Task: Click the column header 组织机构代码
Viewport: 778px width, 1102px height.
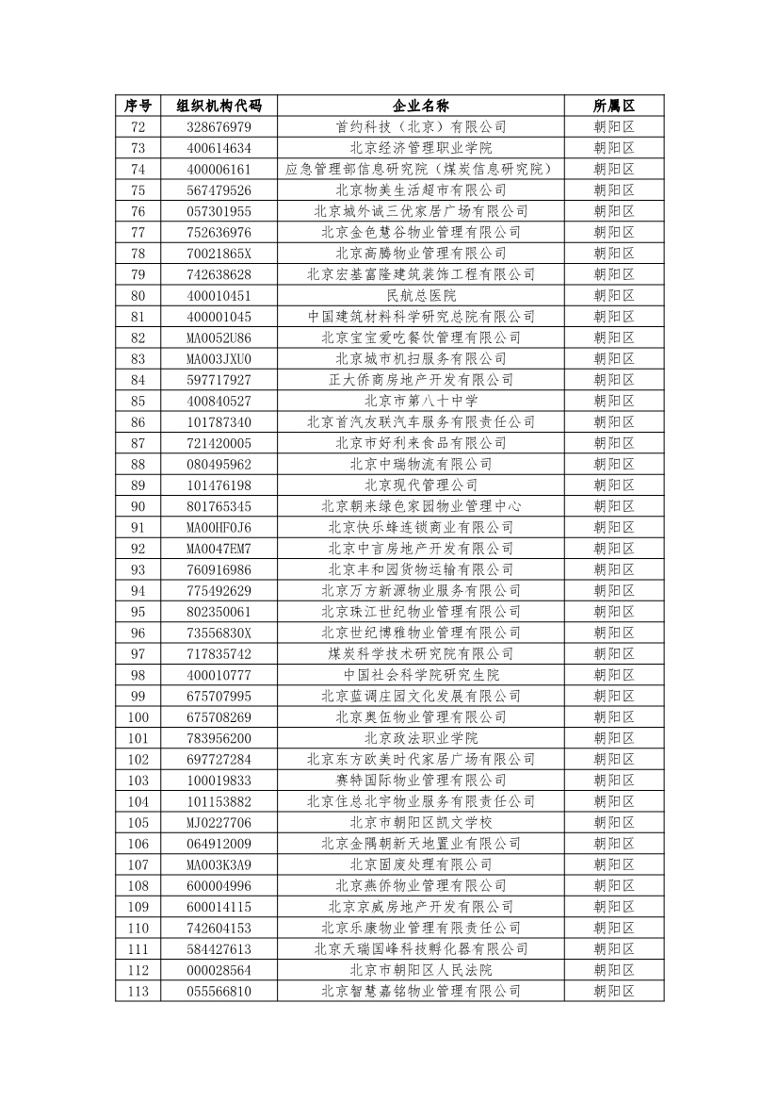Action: pos(219,106)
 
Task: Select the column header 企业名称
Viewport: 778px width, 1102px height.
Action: pos(421,106)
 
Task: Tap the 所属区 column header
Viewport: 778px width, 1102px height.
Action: pos(614,106)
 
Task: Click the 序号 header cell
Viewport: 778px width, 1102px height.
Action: pos(138,106)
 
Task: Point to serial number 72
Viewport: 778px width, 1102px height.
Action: pos(138,126)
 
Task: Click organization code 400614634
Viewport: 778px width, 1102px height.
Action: pos(219,148)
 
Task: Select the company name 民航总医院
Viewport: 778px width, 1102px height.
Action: pos(421,295)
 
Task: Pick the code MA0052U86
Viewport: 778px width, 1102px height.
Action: pos(219,337)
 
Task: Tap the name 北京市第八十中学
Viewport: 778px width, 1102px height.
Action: pos(421,401)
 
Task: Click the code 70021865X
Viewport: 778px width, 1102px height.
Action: pos(219,253)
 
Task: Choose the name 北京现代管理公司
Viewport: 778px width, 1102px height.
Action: pos(421,485)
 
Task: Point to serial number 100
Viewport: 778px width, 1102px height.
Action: pos(138,716)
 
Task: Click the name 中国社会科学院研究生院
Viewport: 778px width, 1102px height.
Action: pos(421,675)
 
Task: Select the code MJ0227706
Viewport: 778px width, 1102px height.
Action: pos(219,822)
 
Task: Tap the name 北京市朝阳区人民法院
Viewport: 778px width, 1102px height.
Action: pos(421,969)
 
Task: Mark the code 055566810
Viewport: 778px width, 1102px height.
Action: pos(219,991)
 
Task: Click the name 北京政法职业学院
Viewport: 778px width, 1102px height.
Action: pos(421,738)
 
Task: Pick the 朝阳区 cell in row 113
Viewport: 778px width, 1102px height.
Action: pos(614,991)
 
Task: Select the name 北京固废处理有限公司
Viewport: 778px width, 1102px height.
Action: pos(421,864)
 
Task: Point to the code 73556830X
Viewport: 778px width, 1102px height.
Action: pos(219,633)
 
